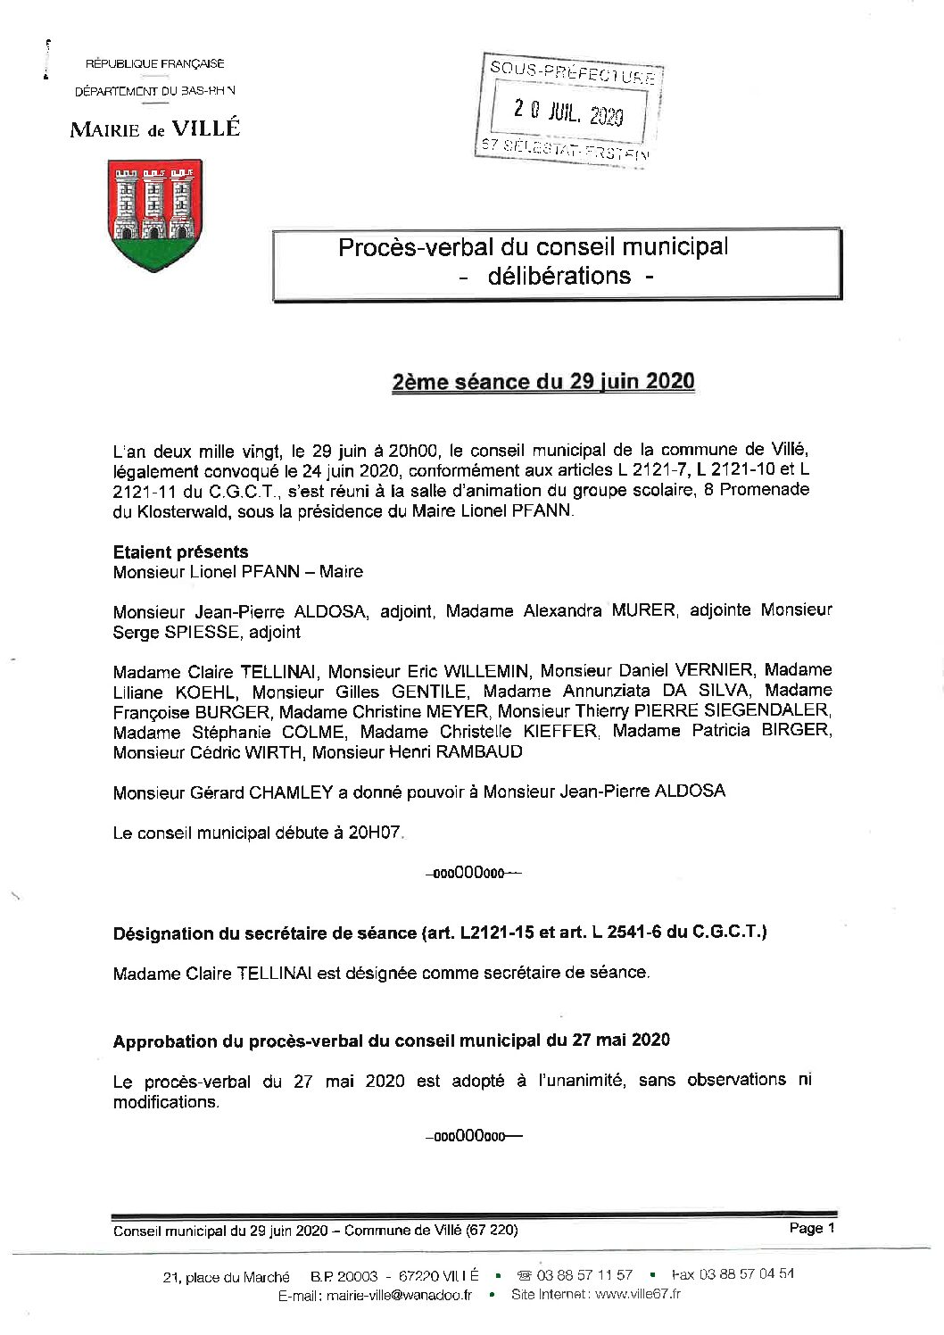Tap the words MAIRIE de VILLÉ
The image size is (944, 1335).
pyautogui.click(x=155, y=129)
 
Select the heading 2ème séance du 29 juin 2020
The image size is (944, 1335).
pyautogui.click(x=542, y=381)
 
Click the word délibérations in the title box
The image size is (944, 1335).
pyautogui.click(x=559, y=276)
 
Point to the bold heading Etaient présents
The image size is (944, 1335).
pyautogui.click(x=180, y=551)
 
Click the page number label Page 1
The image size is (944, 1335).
pyautogui.click(x=811, y=1228)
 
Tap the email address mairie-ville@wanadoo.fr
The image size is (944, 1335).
pyautogui.click(x=399, y=1296)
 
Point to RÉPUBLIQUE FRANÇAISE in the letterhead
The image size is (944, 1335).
pyautogui.click(x=154, y=63)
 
